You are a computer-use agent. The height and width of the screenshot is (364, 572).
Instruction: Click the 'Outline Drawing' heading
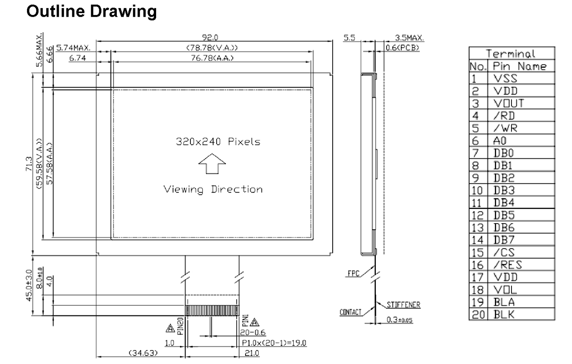pos(92,12)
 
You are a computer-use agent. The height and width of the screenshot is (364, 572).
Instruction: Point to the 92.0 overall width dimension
pos(210,38)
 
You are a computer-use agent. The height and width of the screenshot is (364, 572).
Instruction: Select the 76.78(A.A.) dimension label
pos(212,58)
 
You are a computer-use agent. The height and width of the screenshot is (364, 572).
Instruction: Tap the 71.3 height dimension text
pos(29,164)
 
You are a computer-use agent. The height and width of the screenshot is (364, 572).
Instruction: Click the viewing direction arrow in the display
pos(212,164)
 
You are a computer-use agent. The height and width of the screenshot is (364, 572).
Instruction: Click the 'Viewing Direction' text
pos(213,189)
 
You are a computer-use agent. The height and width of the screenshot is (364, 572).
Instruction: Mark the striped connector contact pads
pos(212,311)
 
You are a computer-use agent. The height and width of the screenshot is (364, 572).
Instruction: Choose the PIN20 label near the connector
pos(180,326)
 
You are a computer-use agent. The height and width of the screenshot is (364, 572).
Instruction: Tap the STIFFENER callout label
pos(403,305)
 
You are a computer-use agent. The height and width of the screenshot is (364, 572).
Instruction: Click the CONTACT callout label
pos(351,312)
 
